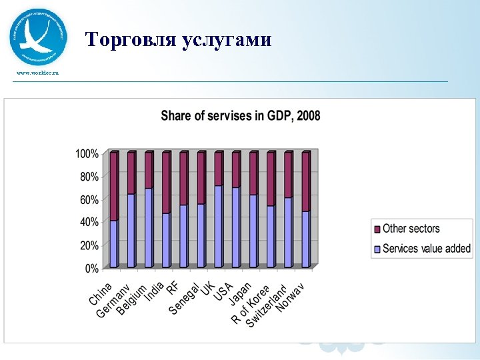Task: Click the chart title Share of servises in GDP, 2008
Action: (240, 116)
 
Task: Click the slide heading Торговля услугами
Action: (179, 40)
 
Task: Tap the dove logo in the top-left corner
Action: (38, 37)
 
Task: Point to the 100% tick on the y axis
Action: (87, 153)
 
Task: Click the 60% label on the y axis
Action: (89, 199)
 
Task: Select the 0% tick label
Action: (92, 269)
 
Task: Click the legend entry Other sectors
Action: (411, 229)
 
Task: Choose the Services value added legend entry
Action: (426, 249)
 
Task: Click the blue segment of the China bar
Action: (114, 244)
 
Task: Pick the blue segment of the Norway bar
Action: (305, 239)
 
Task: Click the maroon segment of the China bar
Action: (114, 187)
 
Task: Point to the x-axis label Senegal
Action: (185, 299)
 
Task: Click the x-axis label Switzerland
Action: (267, 307)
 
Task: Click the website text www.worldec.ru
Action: (37, 72)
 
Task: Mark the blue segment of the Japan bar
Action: (253, 231)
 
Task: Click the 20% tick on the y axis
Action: (89, 245)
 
